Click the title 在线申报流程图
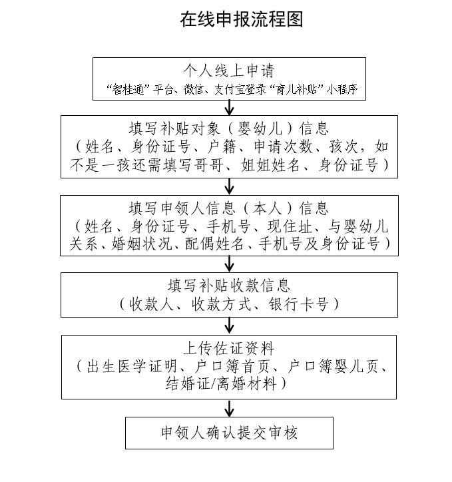tap(241, 19)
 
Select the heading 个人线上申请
tap(229, 71)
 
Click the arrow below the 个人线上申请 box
tap(230, 107)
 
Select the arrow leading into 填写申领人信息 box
tap(230, 186)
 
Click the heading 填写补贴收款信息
tap(229, 286)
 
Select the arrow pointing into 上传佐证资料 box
tap(230, 325)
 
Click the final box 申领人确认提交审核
tap(229, 433)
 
